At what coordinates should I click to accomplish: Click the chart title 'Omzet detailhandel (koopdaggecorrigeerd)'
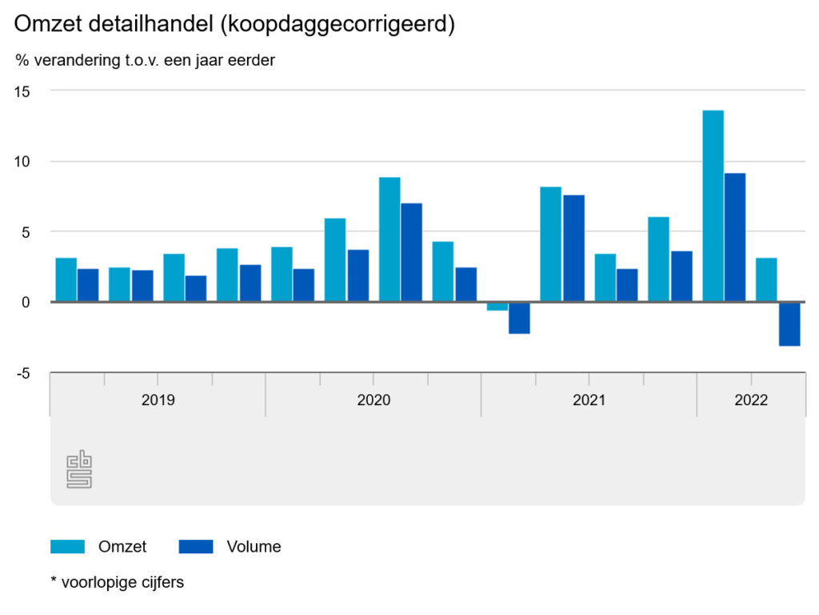[234, 25]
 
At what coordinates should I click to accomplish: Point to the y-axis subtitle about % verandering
[145, 61]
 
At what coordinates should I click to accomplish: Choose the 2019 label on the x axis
[158, 400]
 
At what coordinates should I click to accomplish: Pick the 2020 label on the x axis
[374, 400]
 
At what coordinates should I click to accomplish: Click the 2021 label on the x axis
[589, 400]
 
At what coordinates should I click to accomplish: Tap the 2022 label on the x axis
[751, 400]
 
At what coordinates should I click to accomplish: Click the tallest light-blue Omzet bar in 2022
[713, 206]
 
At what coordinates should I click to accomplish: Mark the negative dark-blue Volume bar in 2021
[519, 317]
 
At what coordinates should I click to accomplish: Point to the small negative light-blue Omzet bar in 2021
[497, 306]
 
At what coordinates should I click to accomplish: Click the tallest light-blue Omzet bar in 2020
[390, 239]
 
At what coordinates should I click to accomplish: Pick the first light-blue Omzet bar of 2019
[66, 279]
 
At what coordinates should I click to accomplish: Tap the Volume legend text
[254, 547]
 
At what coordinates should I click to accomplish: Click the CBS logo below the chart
[79, 469]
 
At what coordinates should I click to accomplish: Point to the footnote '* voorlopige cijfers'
[117, 583]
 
